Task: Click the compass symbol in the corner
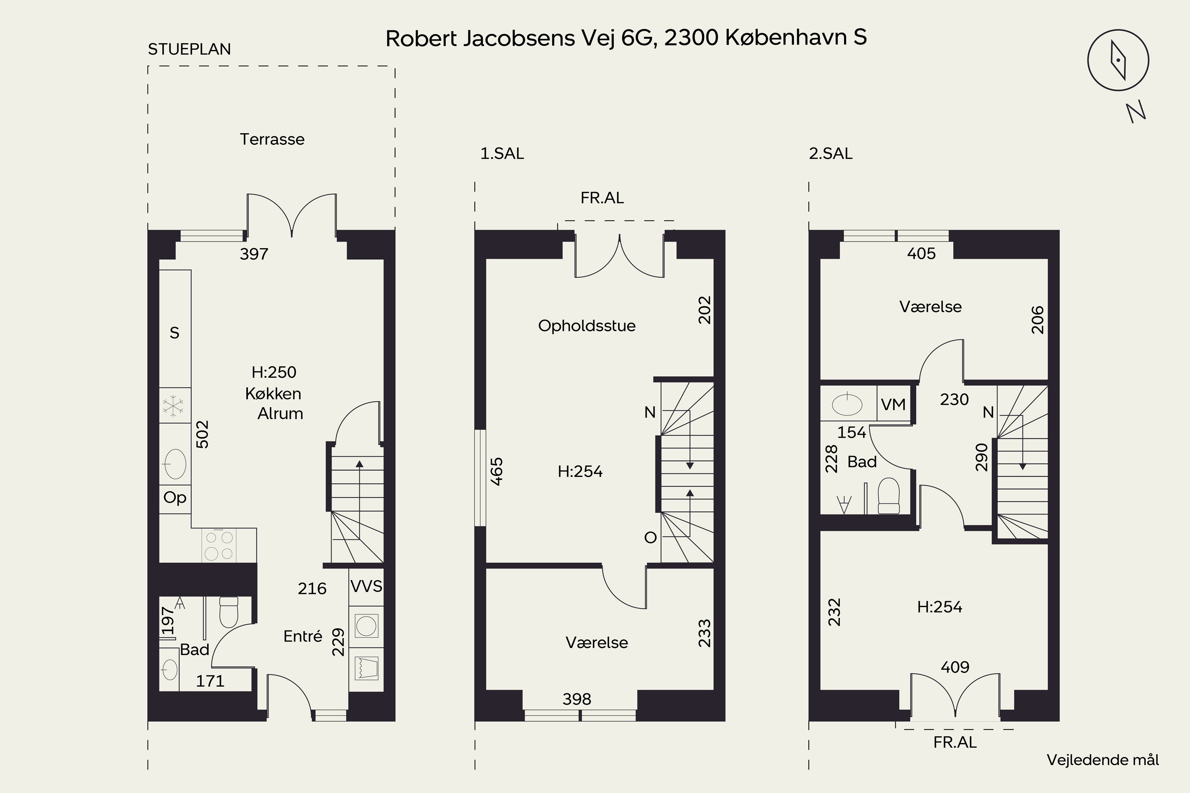point(1118,60)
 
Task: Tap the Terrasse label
point(272,139)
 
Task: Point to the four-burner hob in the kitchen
point(219,545)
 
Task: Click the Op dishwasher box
point(175,498)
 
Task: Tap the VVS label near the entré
point(366,586)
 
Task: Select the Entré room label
point(303,636)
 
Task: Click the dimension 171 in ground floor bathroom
point(210,681)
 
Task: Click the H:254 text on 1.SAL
point(580,471)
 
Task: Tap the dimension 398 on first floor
point(577,699)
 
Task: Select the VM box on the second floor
point(893,404)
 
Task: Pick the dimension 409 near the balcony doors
point(955,667)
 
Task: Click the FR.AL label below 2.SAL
point(955,742)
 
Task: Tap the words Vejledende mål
point(1102,760)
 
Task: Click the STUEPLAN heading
point(189,49)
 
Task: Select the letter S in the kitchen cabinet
point(175,333)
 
